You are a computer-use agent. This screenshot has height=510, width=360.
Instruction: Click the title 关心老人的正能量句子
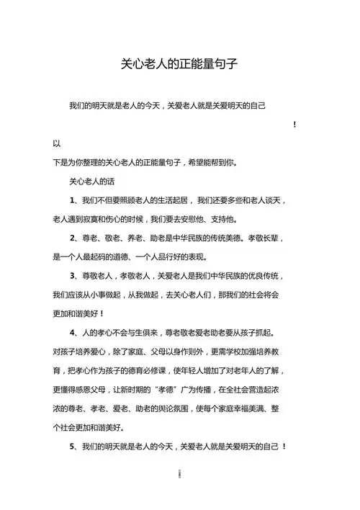tap(179, 64)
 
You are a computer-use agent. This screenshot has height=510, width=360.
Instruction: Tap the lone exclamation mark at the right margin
tap(295, 125)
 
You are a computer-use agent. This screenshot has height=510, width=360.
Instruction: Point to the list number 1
tap(72, 200)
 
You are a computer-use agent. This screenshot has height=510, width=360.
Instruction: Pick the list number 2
tap(72, 238)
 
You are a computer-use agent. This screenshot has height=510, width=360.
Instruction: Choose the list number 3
tap(72, 276)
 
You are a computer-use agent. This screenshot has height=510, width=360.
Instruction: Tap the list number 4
tap(72, 333)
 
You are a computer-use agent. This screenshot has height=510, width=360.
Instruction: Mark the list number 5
tap(72, 447)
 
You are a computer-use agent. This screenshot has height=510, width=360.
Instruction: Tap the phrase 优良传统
tap(261, 276)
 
